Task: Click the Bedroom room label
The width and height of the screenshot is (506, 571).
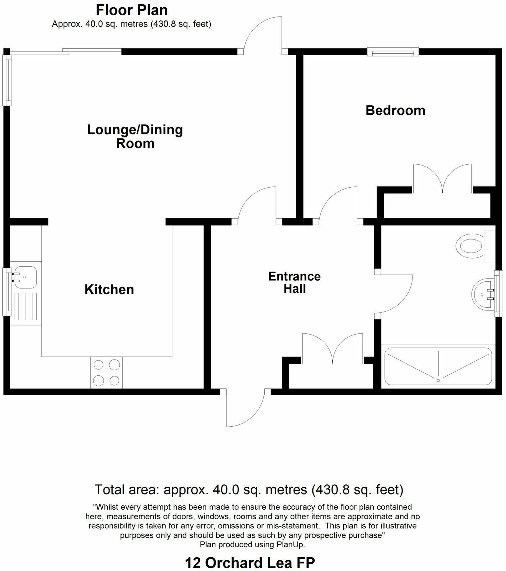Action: [395, 111]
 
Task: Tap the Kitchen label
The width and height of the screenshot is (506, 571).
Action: [109, 289]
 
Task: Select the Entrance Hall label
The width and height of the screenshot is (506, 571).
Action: [294, 282]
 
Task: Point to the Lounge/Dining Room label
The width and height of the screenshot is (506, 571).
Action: [135, 136]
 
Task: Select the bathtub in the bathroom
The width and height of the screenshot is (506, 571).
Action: [438, 366]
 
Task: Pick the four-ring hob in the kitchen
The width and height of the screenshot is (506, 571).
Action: [106, 372]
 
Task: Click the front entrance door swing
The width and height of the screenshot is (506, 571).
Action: [243, 409]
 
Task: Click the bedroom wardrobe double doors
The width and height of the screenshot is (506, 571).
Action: [442, 178]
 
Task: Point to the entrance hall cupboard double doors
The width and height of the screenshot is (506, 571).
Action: [333, 348]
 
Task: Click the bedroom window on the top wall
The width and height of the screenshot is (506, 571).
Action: [393, 52]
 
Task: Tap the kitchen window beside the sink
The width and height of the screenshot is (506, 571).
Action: [7, 292]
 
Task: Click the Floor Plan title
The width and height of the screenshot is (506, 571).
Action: [131, 10]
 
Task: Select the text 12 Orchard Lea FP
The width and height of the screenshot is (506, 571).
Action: [250, 563]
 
